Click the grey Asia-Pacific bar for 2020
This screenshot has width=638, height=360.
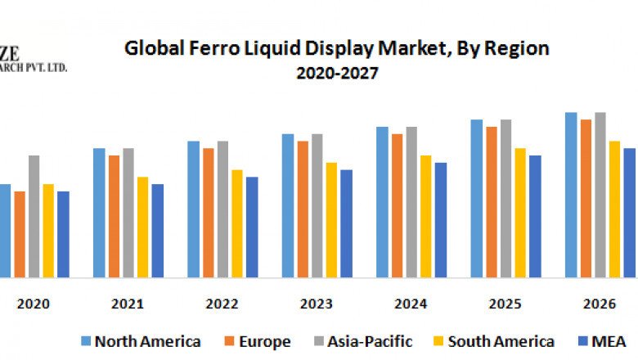(34, 217)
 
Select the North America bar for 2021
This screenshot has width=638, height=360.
(99, 213)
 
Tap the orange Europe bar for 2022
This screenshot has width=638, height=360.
(209, 213)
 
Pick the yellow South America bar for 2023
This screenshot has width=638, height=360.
(331, 220)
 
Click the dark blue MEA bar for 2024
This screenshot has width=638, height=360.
(441, 220)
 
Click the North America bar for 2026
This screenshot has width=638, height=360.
(571, 196)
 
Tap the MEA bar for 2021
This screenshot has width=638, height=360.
(158, 231)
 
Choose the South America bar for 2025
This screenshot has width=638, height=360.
(520, 213)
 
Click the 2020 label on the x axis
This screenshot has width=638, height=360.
(34, 304)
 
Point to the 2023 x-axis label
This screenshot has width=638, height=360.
(317, 304)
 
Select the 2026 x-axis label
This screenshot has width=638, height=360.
(600, 304)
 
